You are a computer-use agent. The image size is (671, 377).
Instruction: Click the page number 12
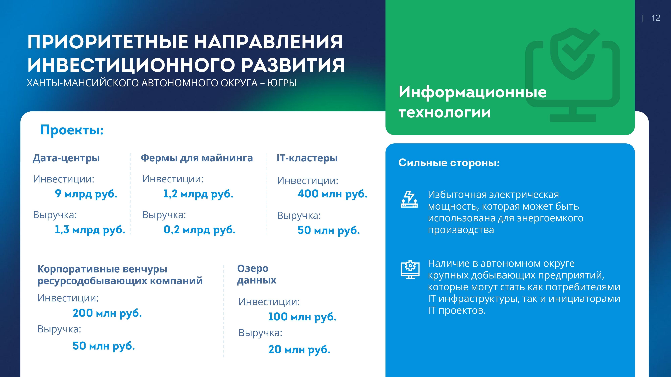click(656, 18)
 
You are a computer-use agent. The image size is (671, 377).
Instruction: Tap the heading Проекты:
click(72, 130)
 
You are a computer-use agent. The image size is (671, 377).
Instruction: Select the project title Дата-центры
click(66, 158)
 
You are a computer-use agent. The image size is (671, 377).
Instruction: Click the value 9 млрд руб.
click(86, 194)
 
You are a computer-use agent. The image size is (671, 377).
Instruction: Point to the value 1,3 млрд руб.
click(90, 230)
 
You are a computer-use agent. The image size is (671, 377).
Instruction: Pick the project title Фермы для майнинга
click(197, 158)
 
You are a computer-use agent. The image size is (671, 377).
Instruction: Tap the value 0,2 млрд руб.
click(199, 230)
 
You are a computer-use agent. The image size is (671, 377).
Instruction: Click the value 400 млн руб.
click(332, 194)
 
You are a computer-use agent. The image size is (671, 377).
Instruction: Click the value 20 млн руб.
click(299, 349)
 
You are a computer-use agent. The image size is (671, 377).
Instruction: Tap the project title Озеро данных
click(257, 274)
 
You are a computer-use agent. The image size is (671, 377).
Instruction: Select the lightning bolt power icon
click(409, 199)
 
